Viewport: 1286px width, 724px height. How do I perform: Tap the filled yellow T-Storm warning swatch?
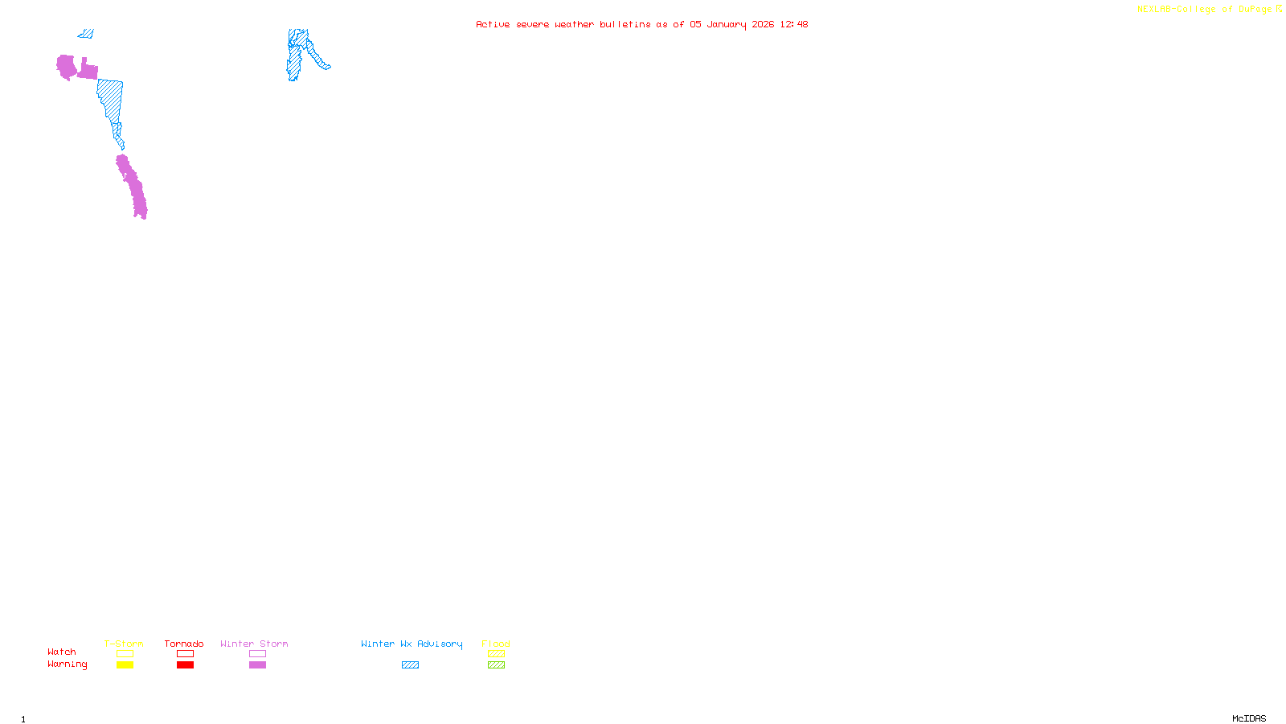(125, 664)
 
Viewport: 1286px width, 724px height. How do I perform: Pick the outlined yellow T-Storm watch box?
(125, 653)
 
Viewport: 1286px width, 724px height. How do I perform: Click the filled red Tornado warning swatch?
(185, 664)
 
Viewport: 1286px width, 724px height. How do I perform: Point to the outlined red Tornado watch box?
(185, 653)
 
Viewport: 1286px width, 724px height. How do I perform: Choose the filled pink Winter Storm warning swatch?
(257, 664)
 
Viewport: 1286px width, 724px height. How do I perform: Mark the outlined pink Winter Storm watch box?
(257, 653)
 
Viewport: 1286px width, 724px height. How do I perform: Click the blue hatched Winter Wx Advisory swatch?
(410, 664)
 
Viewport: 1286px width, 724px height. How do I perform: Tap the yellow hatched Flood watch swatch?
(496, 653)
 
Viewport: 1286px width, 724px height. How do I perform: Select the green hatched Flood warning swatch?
(496, 664)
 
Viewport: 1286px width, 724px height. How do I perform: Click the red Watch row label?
(62, 652)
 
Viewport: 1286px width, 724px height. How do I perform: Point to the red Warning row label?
(67, 664)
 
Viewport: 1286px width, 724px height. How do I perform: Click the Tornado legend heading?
(184, 644)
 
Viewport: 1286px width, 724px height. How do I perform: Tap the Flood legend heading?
(496, 644)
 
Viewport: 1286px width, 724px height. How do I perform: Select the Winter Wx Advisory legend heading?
(412, 644)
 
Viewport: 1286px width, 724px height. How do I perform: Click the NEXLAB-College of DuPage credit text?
(1205, 10)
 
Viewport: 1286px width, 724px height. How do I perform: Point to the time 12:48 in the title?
(794, 24)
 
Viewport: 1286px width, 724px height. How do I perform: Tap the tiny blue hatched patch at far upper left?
(86, 34)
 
